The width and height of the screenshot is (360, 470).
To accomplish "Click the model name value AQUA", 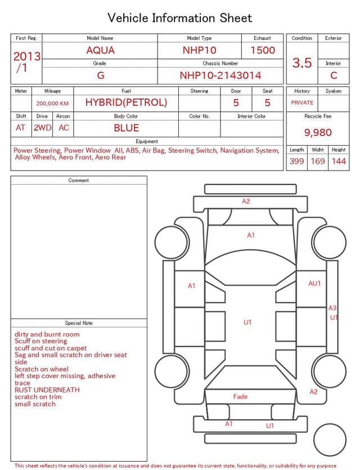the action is click(x=100, y=50).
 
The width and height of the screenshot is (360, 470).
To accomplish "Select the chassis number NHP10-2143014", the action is click(x=220, y=75).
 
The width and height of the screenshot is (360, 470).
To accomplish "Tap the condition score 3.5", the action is click(x=302, y=62).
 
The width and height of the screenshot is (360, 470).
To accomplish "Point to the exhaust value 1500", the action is click(x=263, y=50).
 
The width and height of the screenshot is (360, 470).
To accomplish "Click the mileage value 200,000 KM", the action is click(x=52, y=104).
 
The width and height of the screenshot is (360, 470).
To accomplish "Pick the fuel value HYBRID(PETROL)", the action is click(x=126, y=102).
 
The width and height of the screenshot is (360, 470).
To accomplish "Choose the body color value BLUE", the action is click(x=127, y=128).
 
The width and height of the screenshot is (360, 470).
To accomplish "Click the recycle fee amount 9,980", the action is click(x=318, y=132).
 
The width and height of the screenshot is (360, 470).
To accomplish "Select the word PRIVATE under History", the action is click(x=302, y=102).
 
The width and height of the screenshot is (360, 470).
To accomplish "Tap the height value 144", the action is click(x=339, y=161).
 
